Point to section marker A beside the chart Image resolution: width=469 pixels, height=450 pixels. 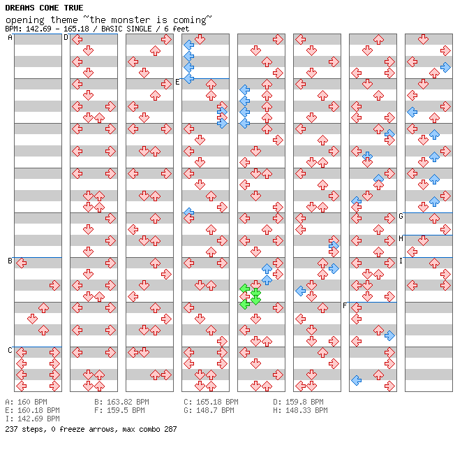coord(10,38)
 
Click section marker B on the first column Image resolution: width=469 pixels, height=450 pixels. coord(10,261)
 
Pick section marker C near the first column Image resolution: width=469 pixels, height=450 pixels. coord(10,350)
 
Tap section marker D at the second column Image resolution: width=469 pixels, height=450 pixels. coord(66,38)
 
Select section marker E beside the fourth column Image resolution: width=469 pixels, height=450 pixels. coord(178,82)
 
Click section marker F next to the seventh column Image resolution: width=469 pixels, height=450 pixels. coord(345,306)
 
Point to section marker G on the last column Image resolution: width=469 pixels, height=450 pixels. coord(401,217)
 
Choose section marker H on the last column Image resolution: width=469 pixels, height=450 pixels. coord(401,239)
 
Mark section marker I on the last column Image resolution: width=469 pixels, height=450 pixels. coord(401,261)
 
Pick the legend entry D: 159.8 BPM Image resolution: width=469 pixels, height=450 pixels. coord(298,402)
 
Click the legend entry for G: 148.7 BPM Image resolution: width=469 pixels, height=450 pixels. coord(209,411)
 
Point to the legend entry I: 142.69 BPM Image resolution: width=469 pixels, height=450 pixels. coord(32,419)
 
